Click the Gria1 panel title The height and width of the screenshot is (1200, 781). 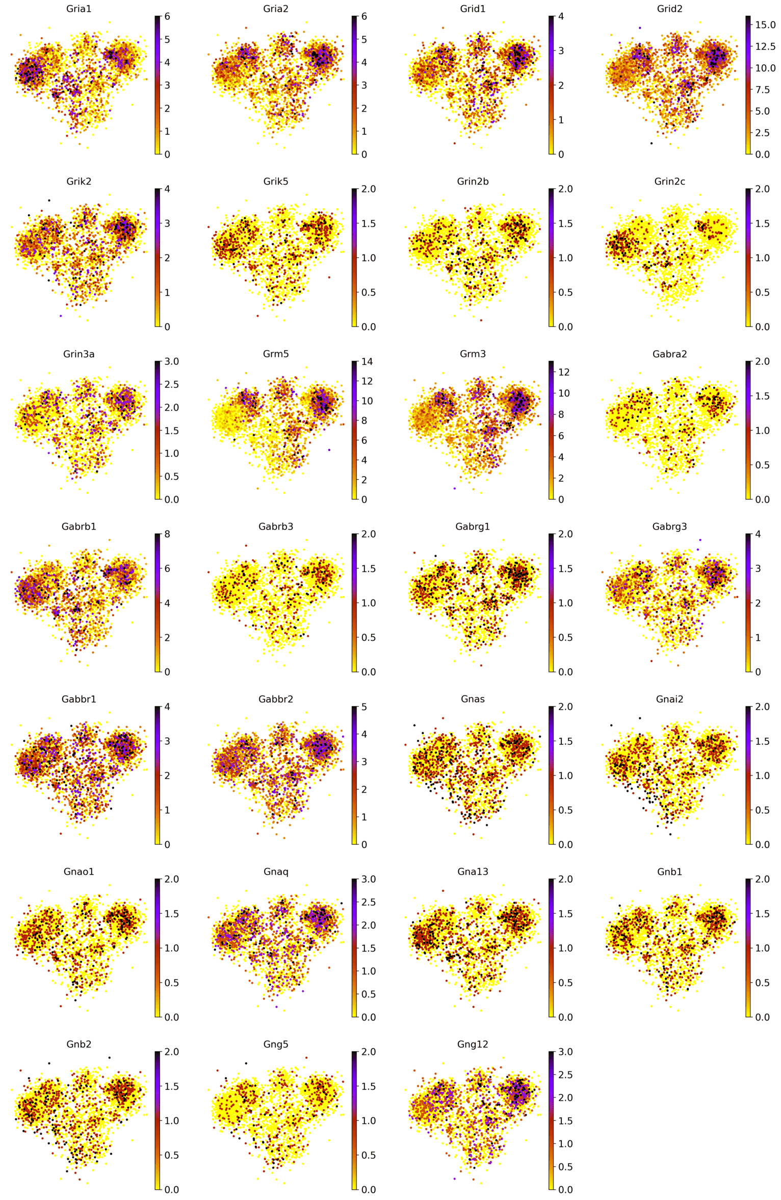tap(79, 9)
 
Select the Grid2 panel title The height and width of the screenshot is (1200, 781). tap(669, 9)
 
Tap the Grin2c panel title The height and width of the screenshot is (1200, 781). tap(669, 181)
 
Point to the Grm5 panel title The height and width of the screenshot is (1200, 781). tap(276, 354)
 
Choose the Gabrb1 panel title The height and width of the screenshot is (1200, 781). tap(79, 526)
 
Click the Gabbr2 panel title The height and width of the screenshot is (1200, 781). tap(276, 698)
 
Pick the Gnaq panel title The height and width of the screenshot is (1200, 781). tap(276, 871)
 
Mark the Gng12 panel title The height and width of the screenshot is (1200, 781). tap(473, 1044)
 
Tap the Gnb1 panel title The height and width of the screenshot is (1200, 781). tap(669, 871)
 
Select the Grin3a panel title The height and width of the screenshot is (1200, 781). tap(79, 354)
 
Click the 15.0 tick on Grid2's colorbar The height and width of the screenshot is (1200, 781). tap(765, 25)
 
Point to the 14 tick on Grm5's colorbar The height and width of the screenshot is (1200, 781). tap(367, 362)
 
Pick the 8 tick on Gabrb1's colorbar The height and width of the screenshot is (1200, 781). tap(167, 534)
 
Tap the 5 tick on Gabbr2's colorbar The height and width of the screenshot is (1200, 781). tap(364, 707)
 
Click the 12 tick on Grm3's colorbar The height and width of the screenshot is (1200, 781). tap(564, 372)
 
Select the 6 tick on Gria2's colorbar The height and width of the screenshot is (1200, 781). tap(364, 16)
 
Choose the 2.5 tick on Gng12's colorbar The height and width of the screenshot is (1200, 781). tap(565, 1074)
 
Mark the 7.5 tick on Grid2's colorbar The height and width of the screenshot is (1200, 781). tap(763, 90)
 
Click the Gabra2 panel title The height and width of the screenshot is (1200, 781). tap(669, 354)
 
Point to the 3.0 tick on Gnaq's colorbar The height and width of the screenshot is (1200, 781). tap(369, 879)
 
